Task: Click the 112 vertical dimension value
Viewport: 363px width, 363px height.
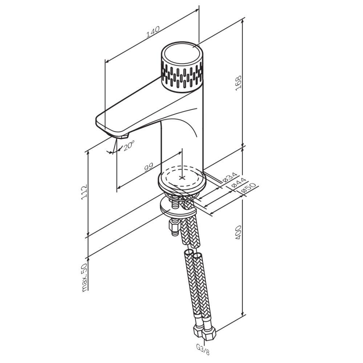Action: pyautogui.click(x=85, y=192)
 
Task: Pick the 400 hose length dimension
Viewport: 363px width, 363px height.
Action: pyautogui.click(x=239, y=232)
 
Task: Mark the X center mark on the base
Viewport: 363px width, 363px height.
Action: pyautogui.click(x=183, y=178)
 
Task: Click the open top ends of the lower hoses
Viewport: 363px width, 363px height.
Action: pyautogui.click(x=193, y=254)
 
